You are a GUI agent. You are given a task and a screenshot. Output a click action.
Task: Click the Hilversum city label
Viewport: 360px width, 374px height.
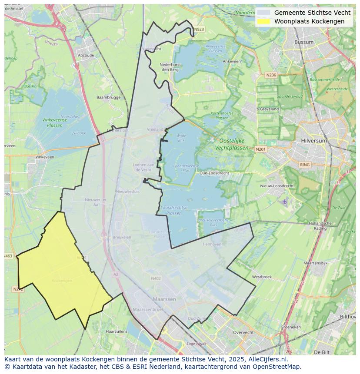coord(313,141)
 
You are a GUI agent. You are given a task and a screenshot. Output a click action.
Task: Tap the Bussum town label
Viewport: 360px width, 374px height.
coord(304,42)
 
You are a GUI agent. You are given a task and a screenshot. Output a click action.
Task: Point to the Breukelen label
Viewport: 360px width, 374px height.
coord(122,237)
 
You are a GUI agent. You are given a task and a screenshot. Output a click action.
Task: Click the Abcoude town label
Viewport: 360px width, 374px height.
coord(86,56)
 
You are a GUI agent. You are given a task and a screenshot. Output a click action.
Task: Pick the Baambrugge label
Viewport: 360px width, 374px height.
coord(108,97)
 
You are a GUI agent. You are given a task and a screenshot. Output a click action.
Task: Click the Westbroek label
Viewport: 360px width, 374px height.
coord(262,277)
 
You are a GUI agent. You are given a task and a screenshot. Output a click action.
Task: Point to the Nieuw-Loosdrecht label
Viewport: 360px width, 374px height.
coord(277,186)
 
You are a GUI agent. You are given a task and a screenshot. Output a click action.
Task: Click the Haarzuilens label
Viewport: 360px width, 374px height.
coord(116,331)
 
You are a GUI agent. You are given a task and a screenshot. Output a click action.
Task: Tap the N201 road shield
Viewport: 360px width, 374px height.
coord(260,149)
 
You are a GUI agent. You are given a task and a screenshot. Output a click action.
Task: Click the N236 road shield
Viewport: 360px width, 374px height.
coord(271,75)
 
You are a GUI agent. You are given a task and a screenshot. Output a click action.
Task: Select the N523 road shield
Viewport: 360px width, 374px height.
coord(198,30)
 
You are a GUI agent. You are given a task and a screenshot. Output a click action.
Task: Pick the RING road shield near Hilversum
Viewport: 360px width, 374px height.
coord(305,165)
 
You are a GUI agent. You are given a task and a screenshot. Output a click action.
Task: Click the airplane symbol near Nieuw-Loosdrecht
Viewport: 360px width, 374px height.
coord(284,202)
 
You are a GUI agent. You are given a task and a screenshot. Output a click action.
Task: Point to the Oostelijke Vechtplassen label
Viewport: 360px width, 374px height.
coord(231,144)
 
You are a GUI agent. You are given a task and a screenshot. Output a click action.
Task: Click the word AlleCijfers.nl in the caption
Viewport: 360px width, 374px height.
coord(267,359)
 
